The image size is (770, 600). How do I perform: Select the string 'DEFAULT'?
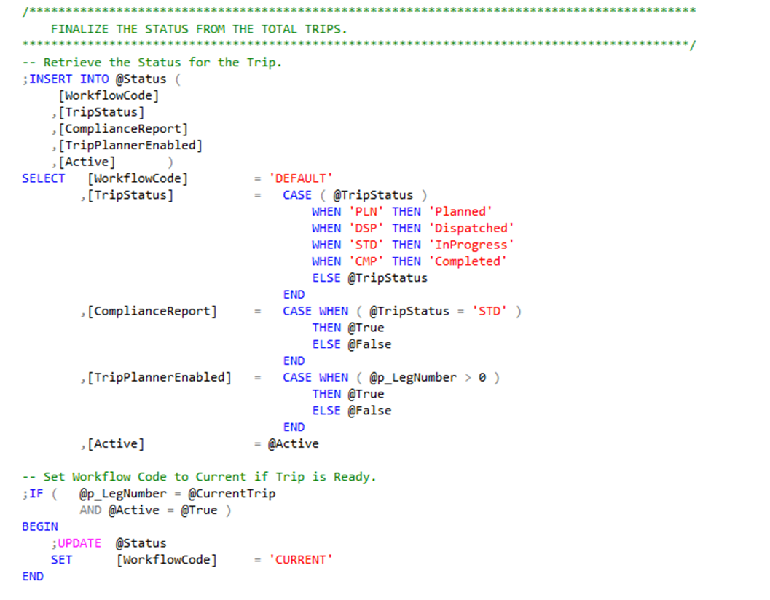click(301, 178)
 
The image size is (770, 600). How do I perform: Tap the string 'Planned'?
click(460, 211)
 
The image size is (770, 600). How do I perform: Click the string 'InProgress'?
click(471, 245)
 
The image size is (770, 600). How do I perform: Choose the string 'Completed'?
click(467, 261)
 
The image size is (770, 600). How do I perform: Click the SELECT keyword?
click(43, 178)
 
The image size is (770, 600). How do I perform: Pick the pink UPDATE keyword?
click(79, 543)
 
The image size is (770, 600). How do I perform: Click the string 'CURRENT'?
click(301, 560)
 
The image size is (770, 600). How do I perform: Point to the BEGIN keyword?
click(39, 526)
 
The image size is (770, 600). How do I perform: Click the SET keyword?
click(61, 560)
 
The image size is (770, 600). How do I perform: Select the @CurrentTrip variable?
click(232, 494)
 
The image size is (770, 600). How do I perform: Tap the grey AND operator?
click(90, 510)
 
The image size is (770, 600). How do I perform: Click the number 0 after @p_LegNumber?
click(482, 377)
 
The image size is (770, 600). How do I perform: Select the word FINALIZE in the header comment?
click(79, 29)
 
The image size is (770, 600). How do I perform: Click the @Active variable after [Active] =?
click(294, 443)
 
